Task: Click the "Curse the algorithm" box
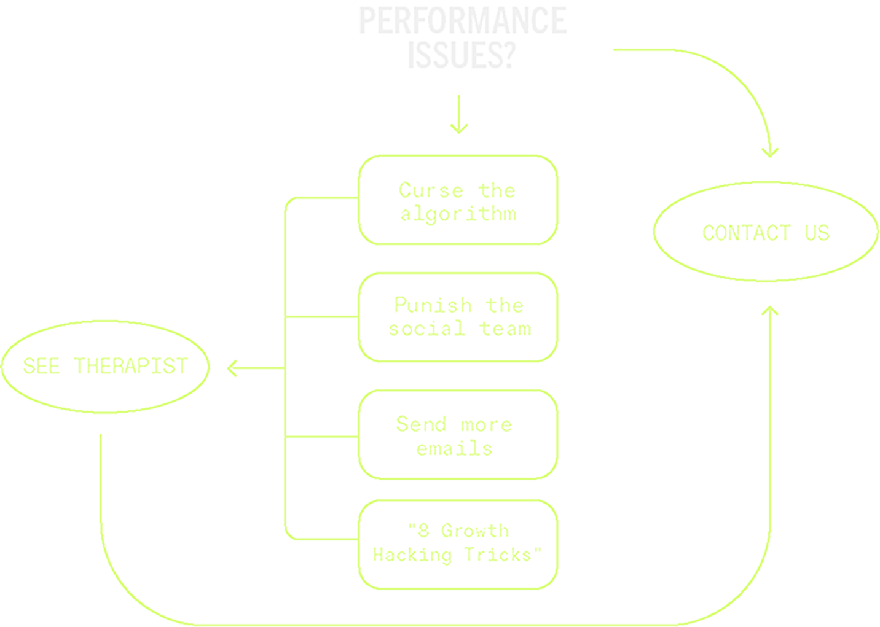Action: [458, 201]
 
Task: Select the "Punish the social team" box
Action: [458, 317]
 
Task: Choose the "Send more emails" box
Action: [458, 435]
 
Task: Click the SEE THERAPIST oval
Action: [105, 367]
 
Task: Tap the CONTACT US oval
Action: [766, 233]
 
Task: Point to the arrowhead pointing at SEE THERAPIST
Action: [232, 368]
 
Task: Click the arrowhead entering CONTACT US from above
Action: [770, 151]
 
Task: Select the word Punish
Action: [433, 305]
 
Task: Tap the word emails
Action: [454, 448]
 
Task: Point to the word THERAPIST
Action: [131, 367]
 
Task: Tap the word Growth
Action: [475, 531]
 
